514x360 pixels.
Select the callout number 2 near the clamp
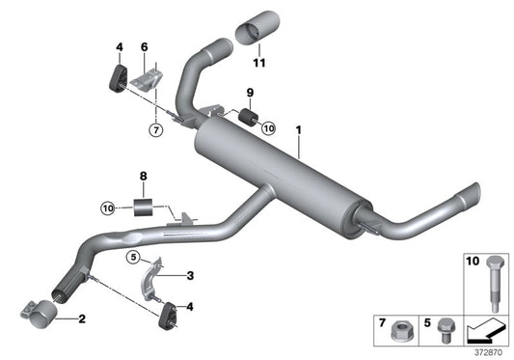tap(82, 319)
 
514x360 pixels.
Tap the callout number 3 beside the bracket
tap(190, 276)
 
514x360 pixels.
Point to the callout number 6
tap(145, 46)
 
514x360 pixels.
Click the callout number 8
tap(144, 176)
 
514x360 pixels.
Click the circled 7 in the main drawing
tap(155, 127)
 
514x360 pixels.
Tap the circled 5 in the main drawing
tap(133, 256)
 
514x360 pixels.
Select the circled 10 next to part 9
tap(268, 126)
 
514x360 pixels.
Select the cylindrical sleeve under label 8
tap(146, 207)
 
